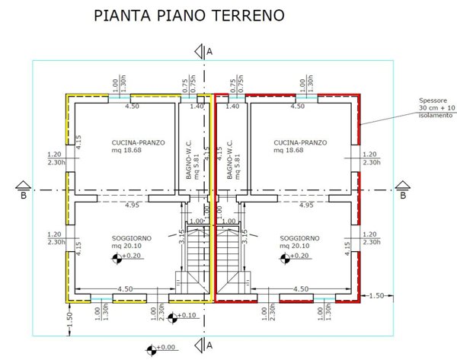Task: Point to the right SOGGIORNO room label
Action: point(300,238)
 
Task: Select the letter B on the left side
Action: point(24,195)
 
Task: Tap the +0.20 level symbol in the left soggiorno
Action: point(117,257)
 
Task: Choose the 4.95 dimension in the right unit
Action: point(307,205)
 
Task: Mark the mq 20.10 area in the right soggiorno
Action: point(295,246)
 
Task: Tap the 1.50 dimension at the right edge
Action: point(377,295)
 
